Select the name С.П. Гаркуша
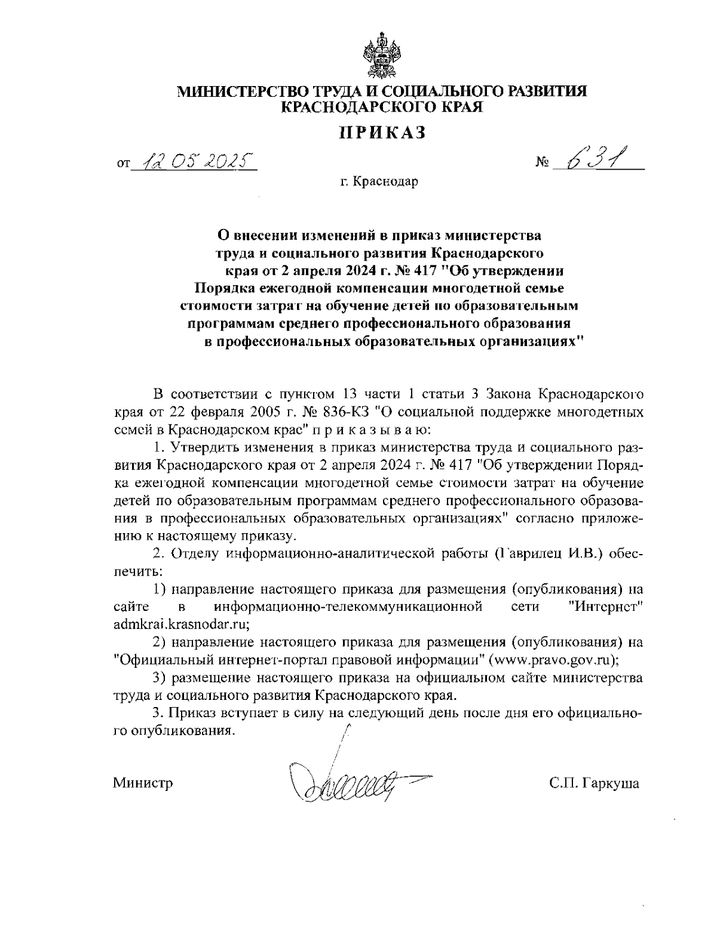click(595, 783)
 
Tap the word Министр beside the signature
click(143, 783)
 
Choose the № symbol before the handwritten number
click(543, 163)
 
